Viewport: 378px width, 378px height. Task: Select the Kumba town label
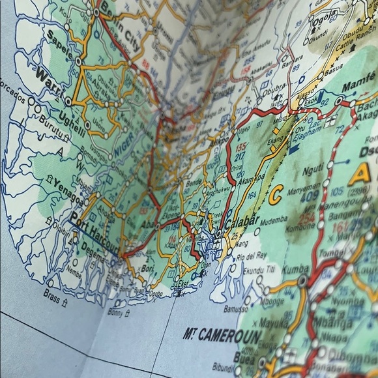tap(282, 269)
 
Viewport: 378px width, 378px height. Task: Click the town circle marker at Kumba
tap(302, 280)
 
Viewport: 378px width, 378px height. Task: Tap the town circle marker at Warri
tap(68, 102)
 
